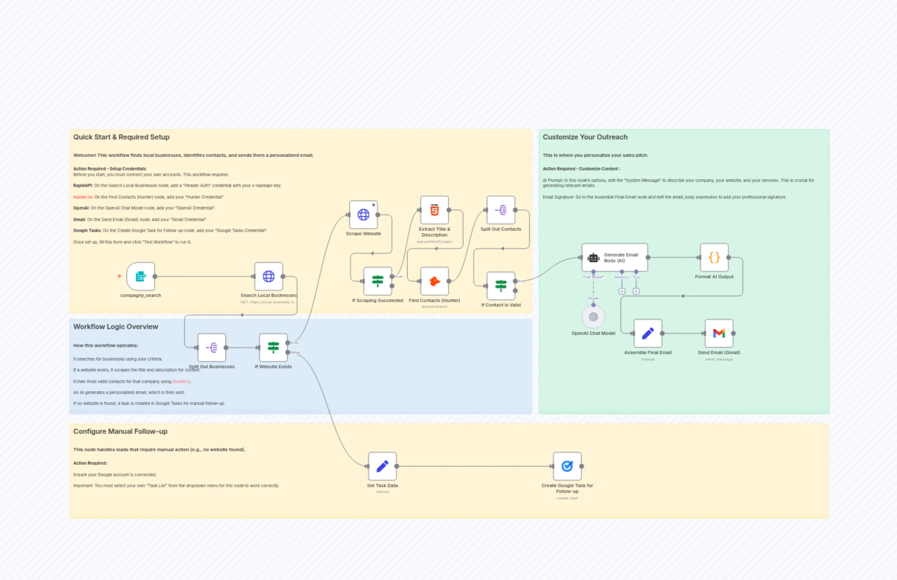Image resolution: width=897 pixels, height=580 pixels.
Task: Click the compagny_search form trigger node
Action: pyautogui.click(x=141, y=276)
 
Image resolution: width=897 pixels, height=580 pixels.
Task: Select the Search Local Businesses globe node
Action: pyautogui.click(x=268, y=276)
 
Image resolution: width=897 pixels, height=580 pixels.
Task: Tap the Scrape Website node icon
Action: pyautogui.click(x=363, y=215)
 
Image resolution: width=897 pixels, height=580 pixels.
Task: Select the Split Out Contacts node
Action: pyautogui.click(x=501, y=210)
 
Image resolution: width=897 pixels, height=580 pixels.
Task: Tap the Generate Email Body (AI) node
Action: pyautogui.click(x=614, y=258)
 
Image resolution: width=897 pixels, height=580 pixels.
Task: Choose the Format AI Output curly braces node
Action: pyautogui.click(x=714, y=258)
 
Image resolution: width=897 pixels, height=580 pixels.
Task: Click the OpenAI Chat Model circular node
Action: pyautogui.click(x=593, y=317)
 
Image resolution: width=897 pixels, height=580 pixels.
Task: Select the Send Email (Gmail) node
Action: pyautogui.click(x=718, y=333)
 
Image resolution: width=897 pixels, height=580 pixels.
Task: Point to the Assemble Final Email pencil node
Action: pyautogui.click(x=648, y=333)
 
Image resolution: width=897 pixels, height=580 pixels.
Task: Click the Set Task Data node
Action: pyautogui.click(x=382, y=466)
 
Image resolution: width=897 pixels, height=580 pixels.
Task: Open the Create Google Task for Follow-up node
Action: pyautogui.click(x=567, y=466)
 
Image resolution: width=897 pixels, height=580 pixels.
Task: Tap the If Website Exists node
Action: pyautogui.click(x=273, y=347)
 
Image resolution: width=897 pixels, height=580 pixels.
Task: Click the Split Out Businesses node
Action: pyautogui.click(x=212, y=347)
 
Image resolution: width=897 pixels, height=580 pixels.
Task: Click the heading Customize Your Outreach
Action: pyautogui.click(x=585, y=137)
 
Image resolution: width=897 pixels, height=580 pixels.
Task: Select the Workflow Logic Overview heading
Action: pyautogui.click(x=116, y=326)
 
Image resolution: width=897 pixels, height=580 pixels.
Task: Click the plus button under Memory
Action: pyautogui.click(x=622, y=291)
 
